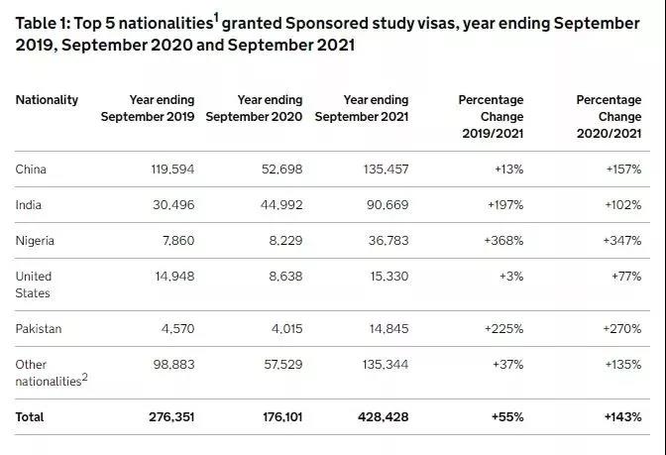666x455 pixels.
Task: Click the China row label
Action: pos(31,170)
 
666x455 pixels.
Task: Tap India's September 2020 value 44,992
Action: pos(279,205)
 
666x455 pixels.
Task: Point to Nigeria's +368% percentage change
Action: pos(504,241)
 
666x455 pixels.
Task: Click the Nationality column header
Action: pos(47,100)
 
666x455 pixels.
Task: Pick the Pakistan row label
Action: pos(38,329)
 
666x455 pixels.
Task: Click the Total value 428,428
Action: pos(383,418)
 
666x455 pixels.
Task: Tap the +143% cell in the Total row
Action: pos(621,418)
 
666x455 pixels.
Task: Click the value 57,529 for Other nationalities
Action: pos(279,365)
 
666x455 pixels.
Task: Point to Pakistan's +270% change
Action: pos(622,329)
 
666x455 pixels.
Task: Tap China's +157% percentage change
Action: pos(622,170)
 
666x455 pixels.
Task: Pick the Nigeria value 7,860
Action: pos(176,241)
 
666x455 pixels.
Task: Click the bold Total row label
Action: pos(30,418)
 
